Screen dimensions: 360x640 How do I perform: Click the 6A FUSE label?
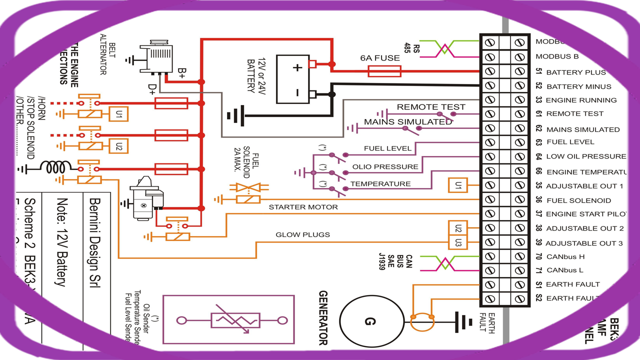380,58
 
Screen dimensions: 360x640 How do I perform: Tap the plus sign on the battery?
297,68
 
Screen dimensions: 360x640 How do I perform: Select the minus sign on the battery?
297,92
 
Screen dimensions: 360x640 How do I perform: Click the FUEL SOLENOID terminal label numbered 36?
578,200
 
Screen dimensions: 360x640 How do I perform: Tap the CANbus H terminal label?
565,257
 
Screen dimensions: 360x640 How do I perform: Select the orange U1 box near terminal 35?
458,186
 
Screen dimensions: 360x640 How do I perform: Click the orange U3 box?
458,242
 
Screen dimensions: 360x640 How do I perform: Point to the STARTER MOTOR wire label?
303,207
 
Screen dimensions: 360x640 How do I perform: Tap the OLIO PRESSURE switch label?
385,167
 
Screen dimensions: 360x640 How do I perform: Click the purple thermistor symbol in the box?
235,320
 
